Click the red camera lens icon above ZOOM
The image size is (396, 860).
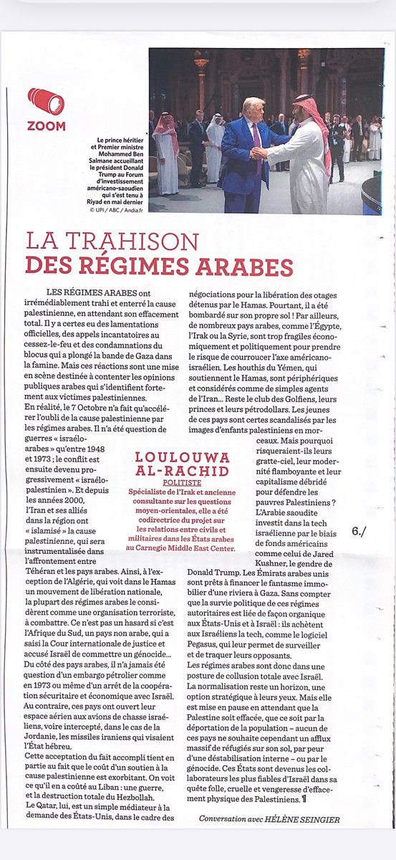pos(46,102)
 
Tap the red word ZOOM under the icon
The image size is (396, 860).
pos(47,126)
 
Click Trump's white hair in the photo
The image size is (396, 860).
pos(253,105)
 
